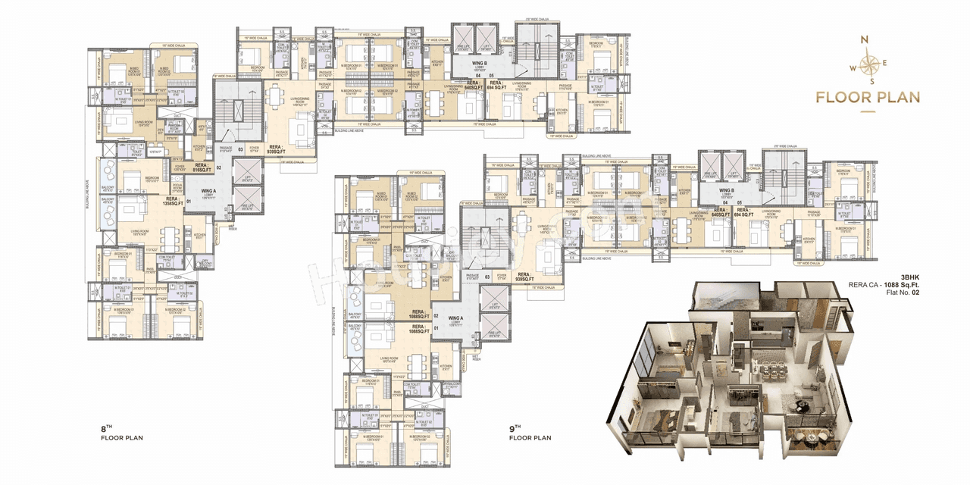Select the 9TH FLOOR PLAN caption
tap(530, 433)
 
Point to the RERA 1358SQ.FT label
tap(174, 201)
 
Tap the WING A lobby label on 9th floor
tap(455, 321)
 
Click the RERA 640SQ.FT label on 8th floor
tap(475, 86)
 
